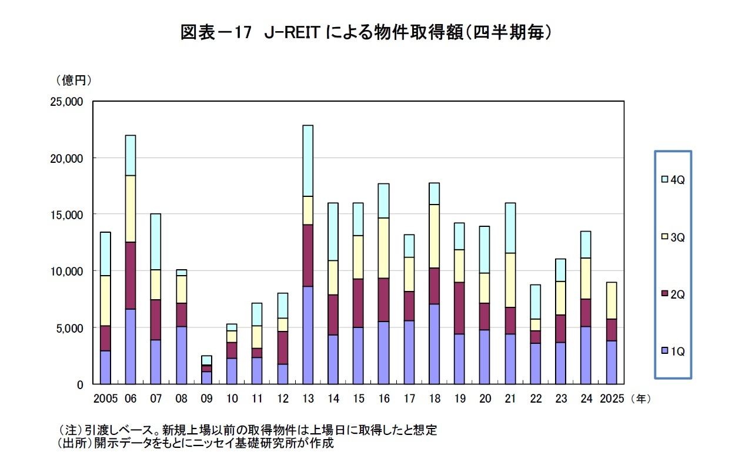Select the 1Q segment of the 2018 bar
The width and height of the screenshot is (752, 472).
tap(434, 344)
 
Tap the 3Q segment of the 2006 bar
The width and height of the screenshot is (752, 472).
tap(131, 209)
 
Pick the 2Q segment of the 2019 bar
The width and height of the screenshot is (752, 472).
tap(459, 308)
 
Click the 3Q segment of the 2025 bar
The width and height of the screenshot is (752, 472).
tap(611, 300)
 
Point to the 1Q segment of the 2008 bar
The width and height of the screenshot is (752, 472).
tap(181, 355)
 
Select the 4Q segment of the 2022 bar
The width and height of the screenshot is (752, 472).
tap(535, 302)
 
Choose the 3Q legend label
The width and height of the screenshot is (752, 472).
tap(677, 237)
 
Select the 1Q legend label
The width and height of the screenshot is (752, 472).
tap(677, 352)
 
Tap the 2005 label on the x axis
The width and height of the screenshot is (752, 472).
tap(106, 399)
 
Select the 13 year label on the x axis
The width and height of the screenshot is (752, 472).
tap(308, 399)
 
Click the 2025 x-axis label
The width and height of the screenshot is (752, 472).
tap(611, 399)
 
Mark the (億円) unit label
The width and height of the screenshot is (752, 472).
tap(74, 79)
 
